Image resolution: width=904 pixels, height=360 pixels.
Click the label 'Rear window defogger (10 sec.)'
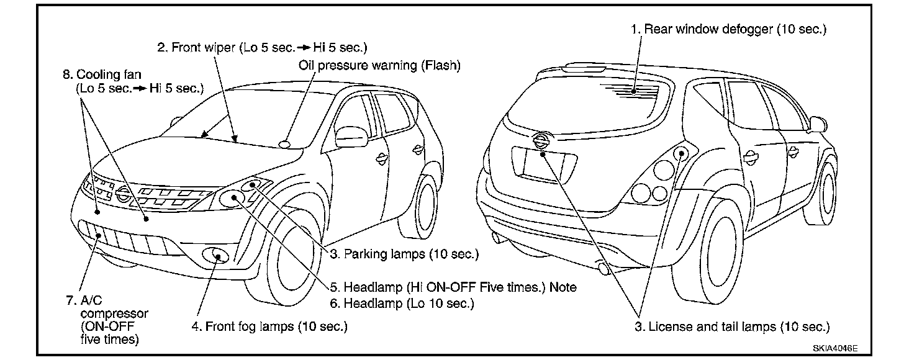tap(728, 29)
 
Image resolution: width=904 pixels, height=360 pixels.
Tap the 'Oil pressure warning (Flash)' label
tap(379, 65)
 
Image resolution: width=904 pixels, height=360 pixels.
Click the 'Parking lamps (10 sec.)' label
tap(404, 254)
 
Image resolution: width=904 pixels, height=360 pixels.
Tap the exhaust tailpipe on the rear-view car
tap(602, 268)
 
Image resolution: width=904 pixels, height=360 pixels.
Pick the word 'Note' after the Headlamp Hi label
tap(563, 287)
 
